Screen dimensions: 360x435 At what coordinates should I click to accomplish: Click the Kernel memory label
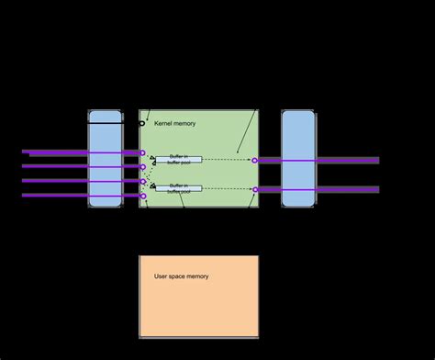click(x=174, y=123)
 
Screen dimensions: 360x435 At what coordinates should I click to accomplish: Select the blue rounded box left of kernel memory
click(x=105, y=158)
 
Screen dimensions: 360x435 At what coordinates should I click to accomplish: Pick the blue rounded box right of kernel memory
click(x=297, y=158)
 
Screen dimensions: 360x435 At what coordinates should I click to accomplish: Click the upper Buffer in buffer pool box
click(x=179, y=160)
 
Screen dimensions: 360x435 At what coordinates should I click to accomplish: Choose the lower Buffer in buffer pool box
click(x=179, y=187)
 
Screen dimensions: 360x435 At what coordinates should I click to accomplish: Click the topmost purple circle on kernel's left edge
click(x=142, y=152)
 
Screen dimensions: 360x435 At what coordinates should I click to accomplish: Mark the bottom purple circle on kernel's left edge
click(x=143, y=196)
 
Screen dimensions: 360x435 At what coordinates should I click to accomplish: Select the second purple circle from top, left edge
click(x=143, y=166)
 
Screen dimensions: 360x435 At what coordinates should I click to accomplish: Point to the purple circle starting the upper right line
click(x=255, y=160)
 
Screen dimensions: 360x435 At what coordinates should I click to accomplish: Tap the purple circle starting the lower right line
click(x=255, y=189)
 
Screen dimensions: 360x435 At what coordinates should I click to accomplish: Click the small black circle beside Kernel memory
click(x=142, y=123)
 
